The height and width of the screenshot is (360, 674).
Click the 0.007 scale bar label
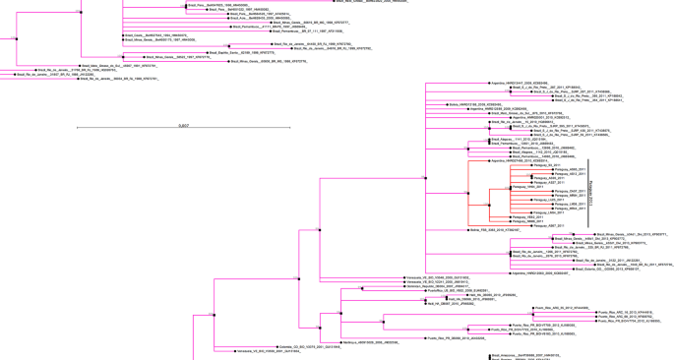184,126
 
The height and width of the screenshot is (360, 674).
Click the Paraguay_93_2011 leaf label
545,165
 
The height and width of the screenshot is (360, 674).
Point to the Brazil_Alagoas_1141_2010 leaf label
516,140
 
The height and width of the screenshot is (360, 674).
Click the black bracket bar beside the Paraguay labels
588,193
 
